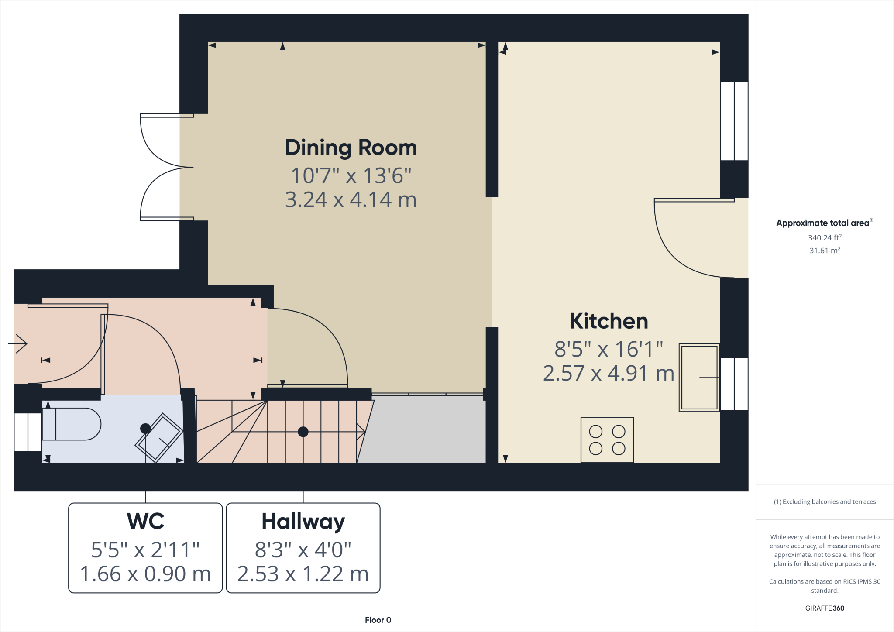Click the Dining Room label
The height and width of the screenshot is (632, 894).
point(351,148)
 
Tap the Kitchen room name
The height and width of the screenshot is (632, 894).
point(609,321)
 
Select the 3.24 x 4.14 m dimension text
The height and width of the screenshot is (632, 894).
point(351,200)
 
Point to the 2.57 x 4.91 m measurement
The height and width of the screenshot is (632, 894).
point(609,374)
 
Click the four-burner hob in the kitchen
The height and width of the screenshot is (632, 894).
point(607,440)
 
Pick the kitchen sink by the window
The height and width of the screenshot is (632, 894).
point(699,378)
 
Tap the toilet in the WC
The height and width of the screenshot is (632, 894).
point(72,424)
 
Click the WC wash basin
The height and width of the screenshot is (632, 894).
point(159,438)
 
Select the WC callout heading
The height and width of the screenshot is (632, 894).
point(145,521)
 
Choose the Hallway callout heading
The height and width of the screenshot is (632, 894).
point(303,521)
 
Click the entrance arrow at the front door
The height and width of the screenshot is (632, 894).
point(17,344)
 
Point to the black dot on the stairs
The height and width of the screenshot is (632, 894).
point(303,432)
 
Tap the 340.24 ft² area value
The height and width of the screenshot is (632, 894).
point(825,238)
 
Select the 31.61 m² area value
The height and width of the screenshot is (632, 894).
point(825,251)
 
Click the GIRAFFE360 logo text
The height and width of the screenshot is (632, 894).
point(825,608)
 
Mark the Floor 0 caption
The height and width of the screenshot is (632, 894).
point(378,620)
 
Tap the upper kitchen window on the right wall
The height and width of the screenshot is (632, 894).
point(734,121)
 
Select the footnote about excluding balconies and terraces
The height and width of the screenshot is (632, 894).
point(825,502)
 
